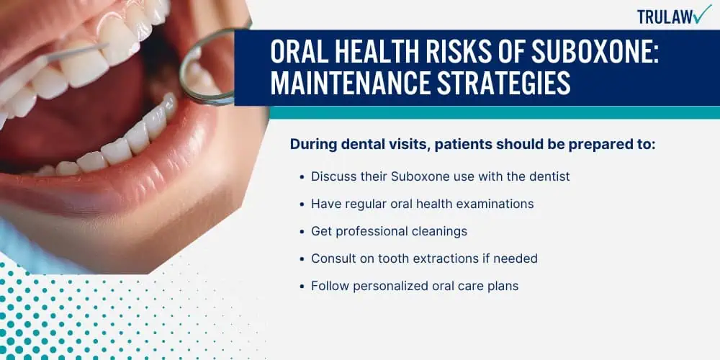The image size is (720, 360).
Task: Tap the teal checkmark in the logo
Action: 702,14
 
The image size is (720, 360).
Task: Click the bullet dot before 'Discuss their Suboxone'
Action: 302,177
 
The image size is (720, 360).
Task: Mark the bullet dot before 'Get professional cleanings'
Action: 302,232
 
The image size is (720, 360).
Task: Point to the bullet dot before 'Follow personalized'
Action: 302,287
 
